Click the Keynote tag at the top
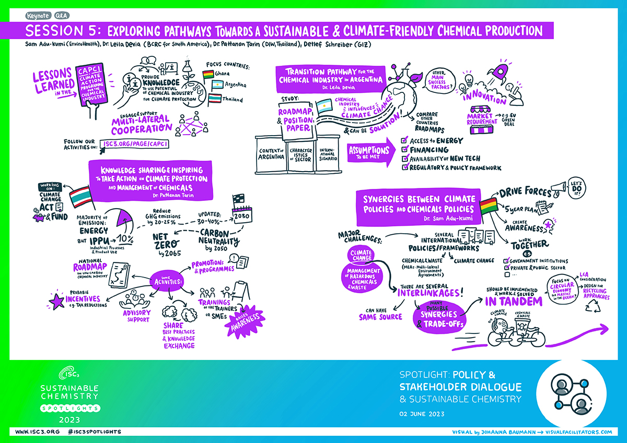click(36, 16)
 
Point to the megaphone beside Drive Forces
click(560, 186)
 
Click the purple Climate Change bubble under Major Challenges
click(362, 255)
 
